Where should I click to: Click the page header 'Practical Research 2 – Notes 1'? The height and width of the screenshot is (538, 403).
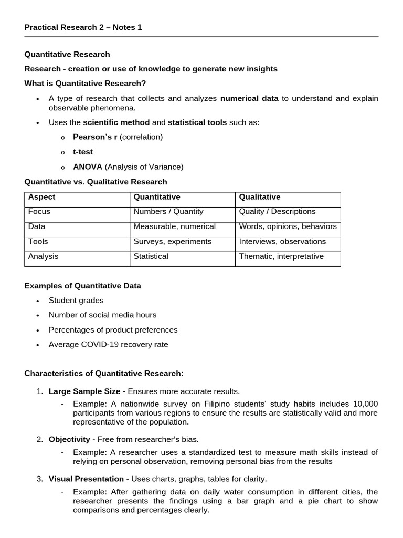(83, 27)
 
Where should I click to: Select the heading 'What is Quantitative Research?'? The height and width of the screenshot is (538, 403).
(86, 84)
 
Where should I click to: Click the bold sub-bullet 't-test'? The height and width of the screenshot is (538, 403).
(82, 152)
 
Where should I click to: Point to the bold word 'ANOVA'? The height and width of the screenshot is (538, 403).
(87, 167)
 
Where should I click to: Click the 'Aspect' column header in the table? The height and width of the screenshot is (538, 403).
(41, 197)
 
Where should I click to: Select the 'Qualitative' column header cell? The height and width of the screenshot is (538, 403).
(260, 197)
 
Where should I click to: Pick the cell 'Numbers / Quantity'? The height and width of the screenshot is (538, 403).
(168, 212)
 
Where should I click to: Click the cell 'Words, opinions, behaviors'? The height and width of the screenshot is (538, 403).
(288, 227)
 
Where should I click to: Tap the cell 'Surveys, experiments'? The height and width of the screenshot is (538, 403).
(173, 242)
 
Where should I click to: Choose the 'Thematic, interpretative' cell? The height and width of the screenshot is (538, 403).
(281, 257)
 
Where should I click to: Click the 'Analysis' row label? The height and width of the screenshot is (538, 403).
(44, 257)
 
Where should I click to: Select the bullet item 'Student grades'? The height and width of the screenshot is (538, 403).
(76, 301)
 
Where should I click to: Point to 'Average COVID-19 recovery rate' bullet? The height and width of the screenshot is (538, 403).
(108, 345)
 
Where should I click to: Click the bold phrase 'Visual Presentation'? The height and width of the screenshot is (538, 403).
(86, 479)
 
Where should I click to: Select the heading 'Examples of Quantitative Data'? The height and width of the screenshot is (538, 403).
(83, 286)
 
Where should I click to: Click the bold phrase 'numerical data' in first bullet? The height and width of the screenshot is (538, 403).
(249, 98)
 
